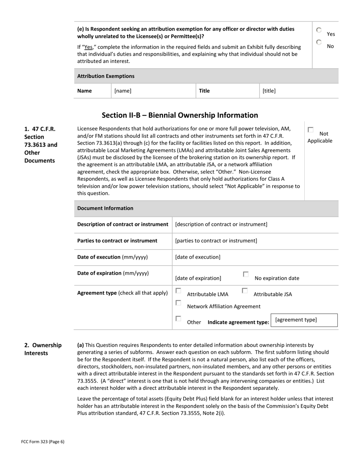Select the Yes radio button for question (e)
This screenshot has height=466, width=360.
pyautogui.click(x=319, y=30)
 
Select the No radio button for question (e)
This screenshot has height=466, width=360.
pyautogui.click(x=319, y=42)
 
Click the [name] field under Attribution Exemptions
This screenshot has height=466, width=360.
pyautogui.click(x=153, y=91)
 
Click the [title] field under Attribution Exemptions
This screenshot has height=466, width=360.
pyautogui.click(x=298, y=91)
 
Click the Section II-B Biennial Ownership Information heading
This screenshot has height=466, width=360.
pyautogui.click(x=180, y=115)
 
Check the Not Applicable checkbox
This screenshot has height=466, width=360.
pyautogui.click(x=311, y=130)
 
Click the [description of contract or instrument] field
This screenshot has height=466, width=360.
pyautogui.click(x=255, y=224)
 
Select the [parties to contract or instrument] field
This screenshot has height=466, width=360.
pyautogui.click(x=255, y=241)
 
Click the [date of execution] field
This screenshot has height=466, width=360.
pyautogui.click(x=255, y=257)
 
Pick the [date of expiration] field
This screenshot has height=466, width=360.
pyautogui.click(x=198, y=278)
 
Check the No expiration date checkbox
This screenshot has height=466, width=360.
pyautogui.click(x=246, y=274)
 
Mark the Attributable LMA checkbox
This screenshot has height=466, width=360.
pyautogui.click(x=178, y=291)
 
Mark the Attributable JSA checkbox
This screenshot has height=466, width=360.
pyautogui.click(x=245, y=291)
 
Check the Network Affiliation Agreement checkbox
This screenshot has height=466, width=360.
pyautogui.click(x=178, y=303)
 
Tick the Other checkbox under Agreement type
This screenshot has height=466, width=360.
pyautogui.click(x=178, y=319)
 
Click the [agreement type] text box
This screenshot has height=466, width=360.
pyautogui.click(x=304, y=320)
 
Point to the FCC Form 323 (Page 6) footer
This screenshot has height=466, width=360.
pyautogui.click(x=43, y=441)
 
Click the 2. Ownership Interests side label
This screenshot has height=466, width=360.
pyautogui.click(x=43, y=349)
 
